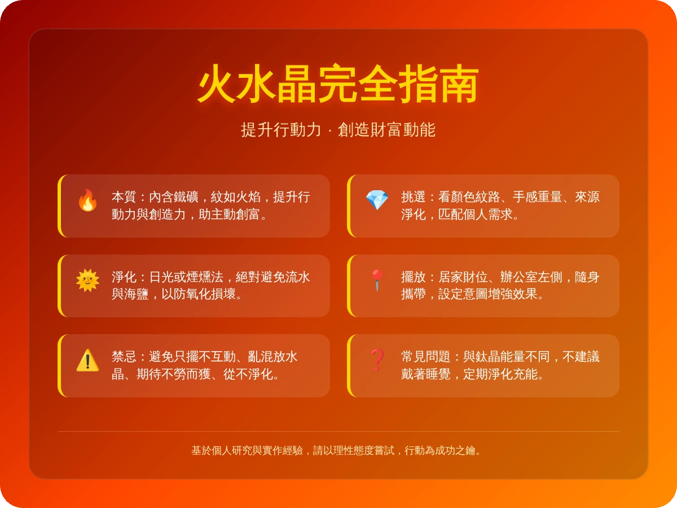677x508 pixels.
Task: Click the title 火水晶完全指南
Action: (x=338, y=85)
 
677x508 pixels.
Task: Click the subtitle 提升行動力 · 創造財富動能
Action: (x=338, y=130)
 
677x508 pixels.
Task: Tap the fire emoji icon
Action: (x=87, y=200)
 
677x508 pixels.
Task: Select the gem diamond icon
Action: (x=377, y=200)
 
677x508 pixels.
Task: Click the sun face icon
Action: (x=87, y=281)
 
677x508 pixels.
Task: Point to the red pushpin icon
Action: (x=377, y=281)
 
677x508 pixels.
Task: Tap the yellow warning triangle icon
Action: (x=87, y=360)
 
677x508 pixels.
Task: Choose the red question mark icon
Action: (x=377, y=360)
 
